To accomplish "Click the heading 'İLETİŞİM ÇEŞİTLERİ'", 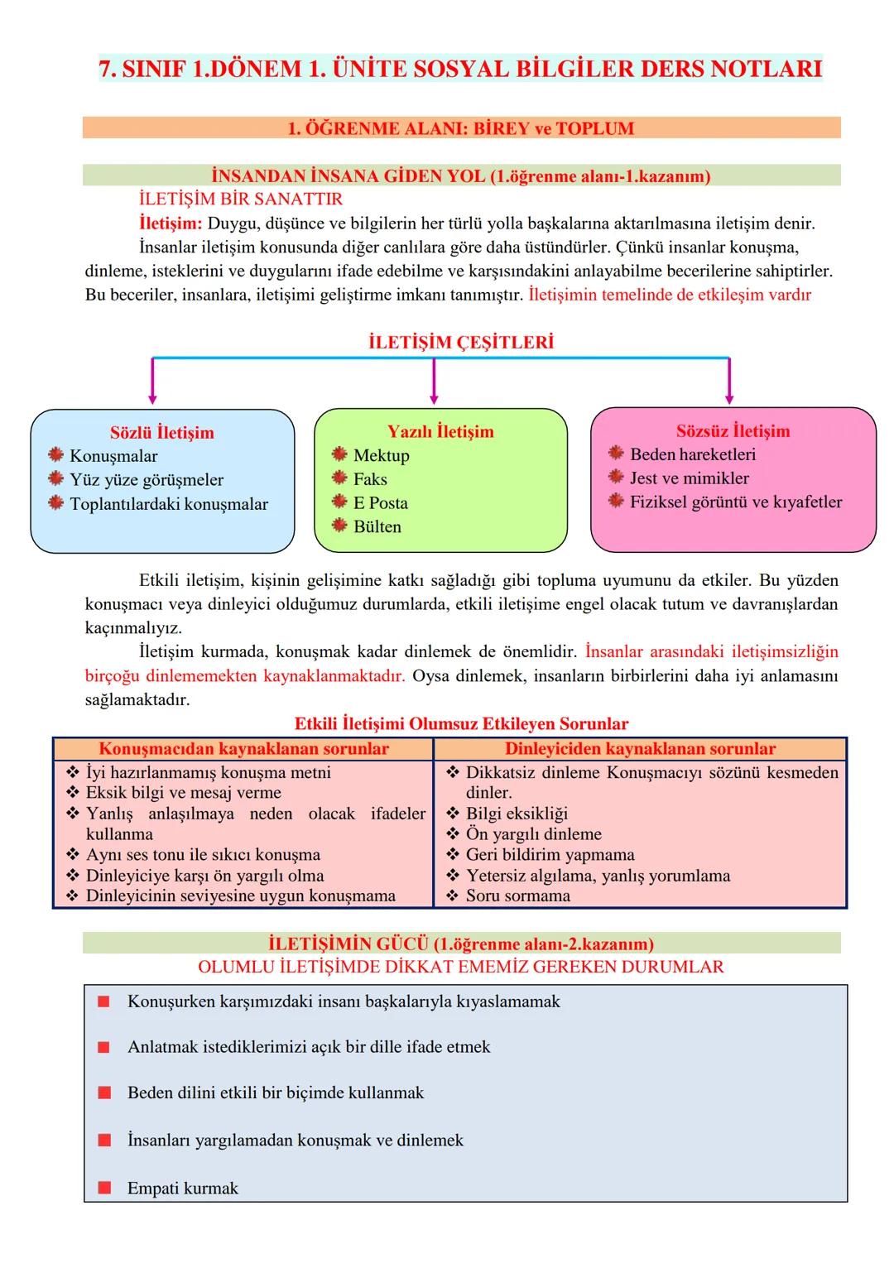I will (x=461, y=343).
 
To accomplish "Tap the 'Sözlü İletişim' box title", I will (x=162, y=433).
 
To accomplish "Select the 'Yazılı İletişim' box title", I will (x=440, y=432).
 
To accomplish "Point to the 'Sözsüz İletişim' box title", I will (x=733, y=431).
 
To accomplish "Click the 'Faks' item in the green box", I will (x=370, y=479).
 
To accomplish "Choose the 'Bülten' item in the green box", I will (x=377, y=527).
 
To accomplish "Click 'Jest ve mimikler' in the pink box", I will (x=689, y=478).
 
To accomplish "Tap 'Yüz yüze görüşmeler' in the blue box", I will (x=147, y=480).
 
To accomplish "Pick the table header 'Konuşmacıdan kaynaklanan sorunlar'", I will (x=243, y=749).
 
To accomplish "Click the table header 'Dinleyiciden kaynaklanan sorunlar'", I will (x=640, y=749).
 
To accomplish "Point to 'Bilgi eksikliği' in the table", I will (x=517, y=814).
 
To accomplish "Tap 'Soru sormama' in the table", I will (x=518, y=896).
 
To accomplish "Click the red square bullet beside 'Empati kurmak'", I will (x=104, y=1189).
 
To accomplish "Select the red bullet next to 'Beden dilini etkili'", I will (x=104, y=1093).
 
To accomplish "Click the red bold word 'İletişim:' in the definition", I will (x=171, y=223).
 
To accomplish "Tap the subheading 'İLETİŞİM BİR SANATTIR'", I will (x=241, y=199).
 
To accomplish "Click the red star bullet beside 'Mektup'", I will (x=339, y=454).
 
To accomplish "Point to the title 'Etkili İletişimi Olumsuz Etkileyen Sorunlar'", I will (x=461, y=724).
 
